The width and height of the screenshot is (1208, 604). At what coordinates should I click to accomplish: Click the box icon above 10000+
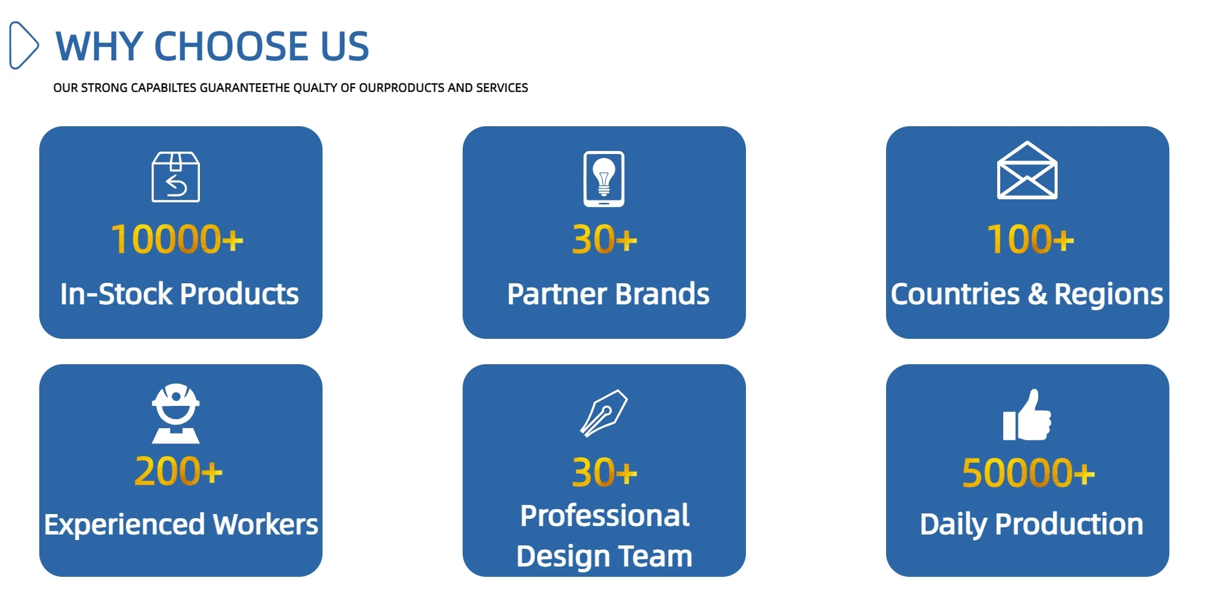coord(176,177)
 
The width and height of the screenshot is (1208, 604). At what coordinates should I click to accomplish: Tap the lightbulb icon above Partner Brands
coord(604,179)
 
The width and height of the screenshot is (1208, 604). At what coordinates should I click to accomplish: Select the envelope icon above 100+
coord(1027,170)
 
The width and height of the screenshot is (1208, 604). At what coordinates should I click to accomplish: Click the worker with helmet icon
coord(176,413)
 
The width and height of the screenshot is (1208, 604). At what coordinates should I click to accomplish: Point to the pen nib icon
coord(604,413)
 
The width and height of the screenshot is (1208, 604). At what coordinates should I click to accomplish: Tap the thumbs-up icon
coord(1027,415)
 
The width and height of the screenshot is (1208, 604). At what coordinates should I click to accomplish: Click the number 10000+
coord(177,239)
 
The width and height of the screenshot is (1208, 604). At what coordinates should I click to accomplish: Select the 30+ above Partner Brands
coord(605,239)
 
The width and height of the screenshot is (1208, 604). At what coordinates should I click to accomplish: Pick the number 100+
coord(1030,239)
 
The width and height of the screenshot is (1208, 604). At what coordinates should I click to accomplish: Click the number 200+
coord(179,471)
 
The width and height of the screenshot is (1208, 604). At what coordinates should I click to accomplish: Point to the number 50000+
coord(1029,472)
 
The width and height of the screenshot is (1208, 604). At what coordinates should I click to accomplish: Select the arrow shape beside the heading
coord(24,45)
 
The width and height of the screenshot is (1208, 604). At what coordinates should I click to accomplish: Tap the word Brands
coord(663,294)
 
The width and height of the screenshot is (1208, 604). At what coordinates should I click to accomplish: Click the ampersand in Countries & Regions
coord(1037,294)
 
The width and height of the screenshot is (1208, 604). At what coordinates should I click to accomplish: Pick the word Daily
coord(953,525)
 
